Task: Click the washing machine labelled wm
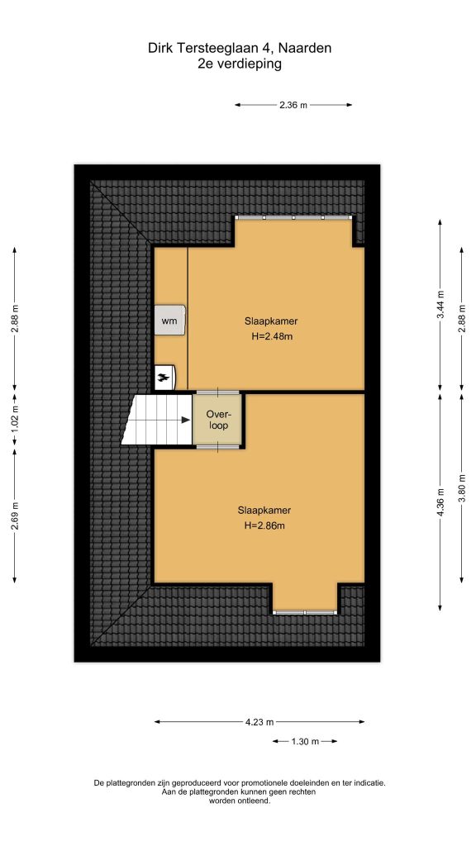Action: [170, 321]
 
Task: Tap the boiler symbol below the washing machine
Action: [165, 377]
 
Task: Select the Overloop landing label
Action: [218, 420]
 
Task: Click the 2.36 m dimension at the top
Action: [293, 105]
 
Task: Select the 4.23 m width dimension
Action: [259, 722]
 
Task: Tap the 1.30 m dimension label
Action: [305, 741]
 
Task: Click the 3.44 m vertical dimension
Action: [440, 305]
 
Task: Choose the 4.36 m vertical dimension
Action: [440, 501]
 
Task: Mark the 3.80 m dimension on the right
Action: [461, 487]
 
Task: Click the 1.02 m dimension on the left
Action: [15, 419]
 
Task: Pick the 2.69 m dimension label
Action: [15, 516]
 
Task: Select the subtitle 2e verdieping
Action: [240, 64]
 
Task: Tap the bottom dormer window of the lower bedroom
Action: [305, 612]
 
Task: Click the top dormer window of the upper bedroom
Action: [293, 217]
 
